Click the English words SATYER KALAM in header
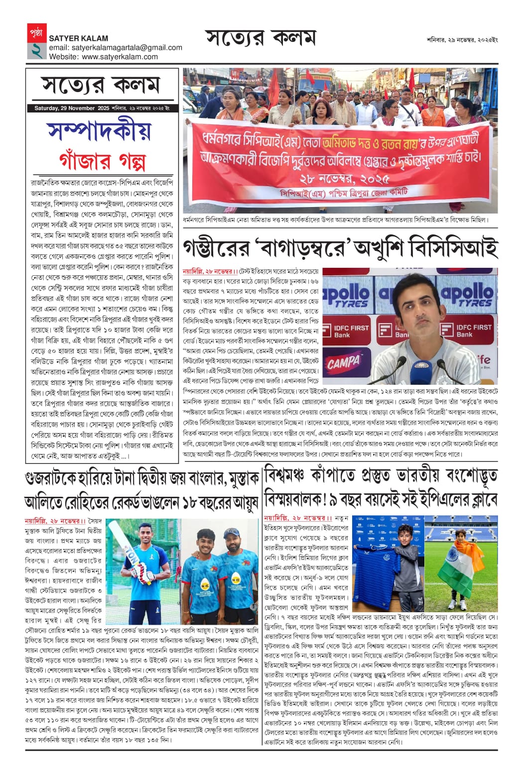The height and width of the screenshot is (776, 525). tap(78, 38)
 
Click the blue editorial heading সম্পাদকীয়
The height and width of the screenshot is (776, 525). tap(100, 131)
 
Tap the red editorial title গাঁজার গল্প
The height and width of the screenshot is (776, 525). tap(102, 160)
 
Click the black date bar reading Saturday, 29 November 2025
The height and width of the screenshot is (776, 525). tap(102, 108)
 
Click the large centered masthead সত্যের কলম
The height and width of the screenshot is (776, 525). tap(261, 39)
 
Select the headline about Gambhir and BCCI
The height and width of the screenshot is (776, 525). tap(340, 248)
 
